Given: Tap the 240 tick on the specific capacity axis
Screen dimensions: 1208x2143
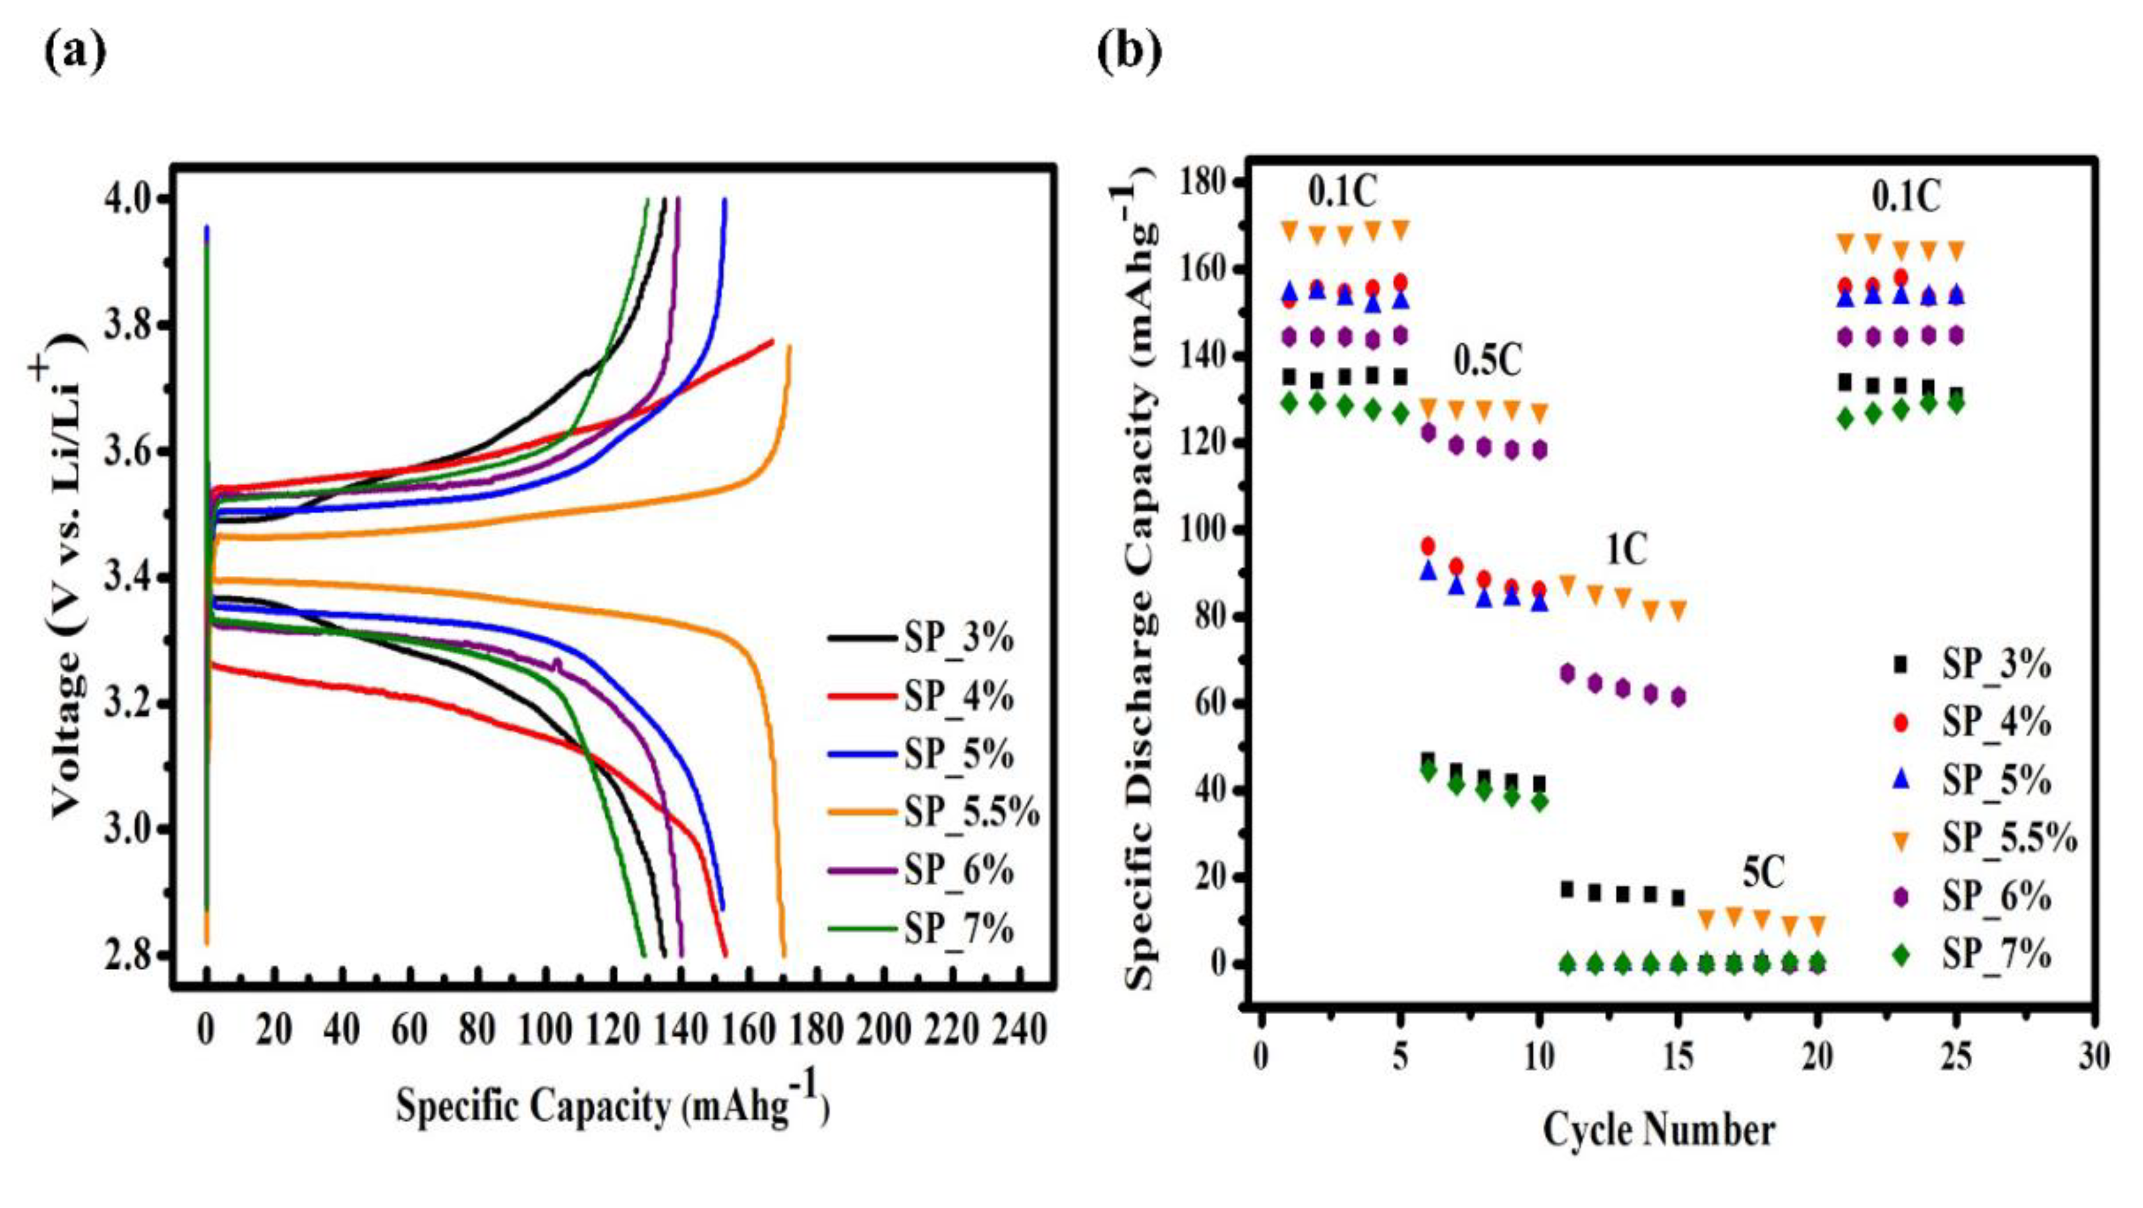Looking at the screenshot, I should tap(1019, 1031).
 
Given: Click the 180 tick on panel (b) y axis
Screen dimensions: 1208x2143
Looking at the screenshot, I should tap(1202, 181).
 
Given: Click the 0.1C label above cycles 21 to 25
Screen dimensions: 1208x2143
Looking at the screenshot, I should tap(1906, 198).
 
